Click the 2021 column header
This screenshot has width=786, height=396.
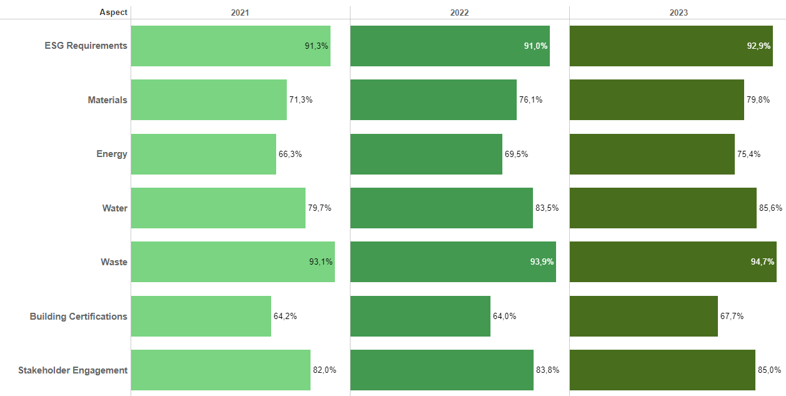[x=240, y=13]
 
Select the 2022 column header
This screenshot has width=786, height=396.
[x=459, y=13]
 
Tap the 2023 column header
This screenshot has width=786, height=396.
[x=679, y=13]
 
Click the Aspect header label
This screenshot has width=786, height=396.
[x=113, y=13]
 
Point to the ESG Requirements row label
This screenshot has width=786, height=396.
[x=86, y=46]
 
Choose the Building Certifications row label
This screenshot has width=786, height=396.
[x=79, y=317]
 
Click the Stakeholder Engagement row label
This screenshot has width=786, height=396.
[x=73, y=370]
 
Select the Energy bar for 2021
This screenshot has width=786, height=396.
[x=203, y=154]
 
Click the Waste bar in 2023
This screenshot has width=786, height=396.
[x=673, y=262]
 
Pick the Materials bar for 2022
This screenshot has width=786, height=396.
[x=433, y=100]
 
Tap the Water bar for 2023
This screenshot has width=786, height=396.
[x=663, y=208]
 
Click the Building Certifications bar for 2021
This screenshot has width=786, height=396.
[x=201, y=317]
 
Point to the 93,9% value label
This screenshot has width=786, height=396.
[x=542, y=262]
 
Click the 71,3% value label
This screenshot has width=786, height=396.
[x=301, y=100]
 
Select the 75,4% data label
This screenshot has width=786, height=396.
[x=749, y=154]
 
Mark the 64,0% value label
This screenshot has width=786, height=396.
[x=504, y=317]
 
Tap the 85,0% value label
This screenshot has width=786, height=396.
[x=769, y=370]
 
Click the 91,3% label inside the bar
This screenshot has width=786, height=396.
[x=316, y=46]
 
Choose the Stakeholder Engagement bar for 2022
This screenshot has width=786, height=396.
[x=442, y=370]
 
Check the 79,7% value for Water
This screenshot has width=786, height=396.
[x=319, y=208]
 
